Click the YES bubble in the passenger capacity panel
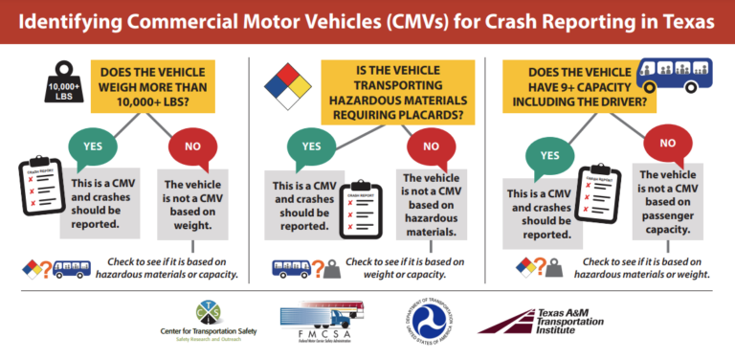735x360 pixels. pos(550,157)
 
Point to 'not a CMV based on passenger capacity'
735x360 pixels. pos(666,202)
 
